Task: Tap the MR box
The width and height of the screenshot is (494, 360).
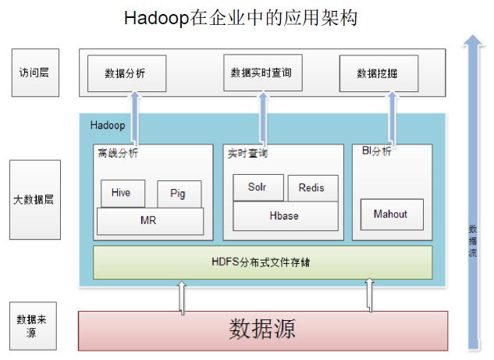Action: pos(148,221)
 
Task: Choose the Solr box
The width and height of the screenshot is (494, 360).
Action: pos(258,188)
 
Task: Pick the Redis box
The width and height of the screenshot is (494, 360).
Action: pos(312,188)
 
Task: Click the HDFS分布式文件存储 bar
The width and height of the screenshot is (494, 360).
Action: pos(261,262)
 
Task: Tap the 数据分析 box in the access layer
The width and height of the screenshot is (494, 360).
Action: pos(125,73)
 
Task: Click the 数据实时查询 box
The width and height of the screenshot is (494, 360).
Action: pos(261,73)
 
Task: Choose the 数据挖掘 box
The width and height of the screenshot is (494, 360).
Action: pos(378,73)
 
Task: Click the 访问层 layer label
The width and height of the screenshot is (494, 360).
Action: pos(34,73)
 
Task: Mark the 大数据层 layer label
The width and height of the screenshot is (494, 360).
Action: pos(34,200)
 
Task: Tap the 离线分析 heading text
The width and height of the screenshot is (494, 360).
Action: pos(118,153)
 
